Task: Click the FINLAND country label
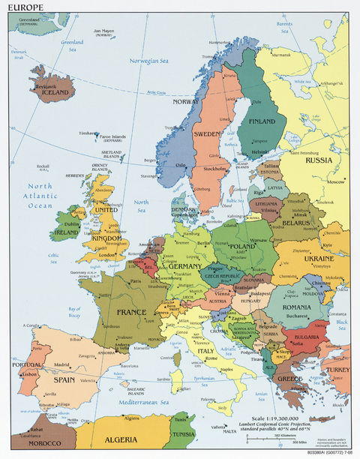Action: pyautogui.click(x=262, y=120)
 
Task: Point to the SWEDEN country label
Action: pyautogui.click(x=208, y=134)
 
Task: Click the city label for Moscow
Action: pyautogui.click(x=335, y=181)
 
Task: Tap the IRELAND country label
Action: pyautogui.click(x=65, y=232)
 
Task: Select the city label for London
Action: pyautogui.click(x=106, y=254)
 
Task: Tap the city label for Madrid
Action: pyautogui.click(x=61, y=365)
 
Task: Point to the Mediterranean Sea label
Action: pyautogui.click(x=129, y=402)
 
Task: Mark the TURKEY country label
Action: pyautogui.click(x=335, y=370)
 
